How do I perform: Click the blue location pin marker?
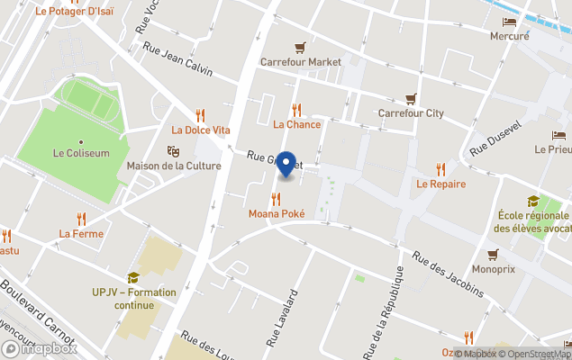coord(286,165)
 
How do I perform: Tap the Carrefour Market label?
coord(301,62)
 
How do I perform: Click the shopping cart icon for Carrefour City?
coord(411,99)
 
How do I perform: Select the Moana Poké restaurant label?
coord(277,214)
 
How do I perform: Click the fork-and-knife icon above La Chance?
coord(296,110)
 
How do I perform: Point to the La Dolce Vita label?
coord(201,130)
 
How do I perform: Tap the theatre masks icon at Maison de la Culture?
coord(173,151)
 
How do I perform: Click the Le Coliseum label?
coord(81,153)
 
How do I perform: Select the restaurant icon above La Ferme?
coord(81,218)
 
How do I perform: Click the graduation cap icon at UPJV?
coord(133,277)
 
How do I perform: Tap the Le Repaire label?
coord(440,184)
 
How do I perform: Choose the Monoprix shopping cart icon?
coord(493,254)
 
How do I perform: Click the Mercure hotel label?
coord(509,36)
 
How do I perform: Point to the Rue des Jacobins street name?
coord(448,274)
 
